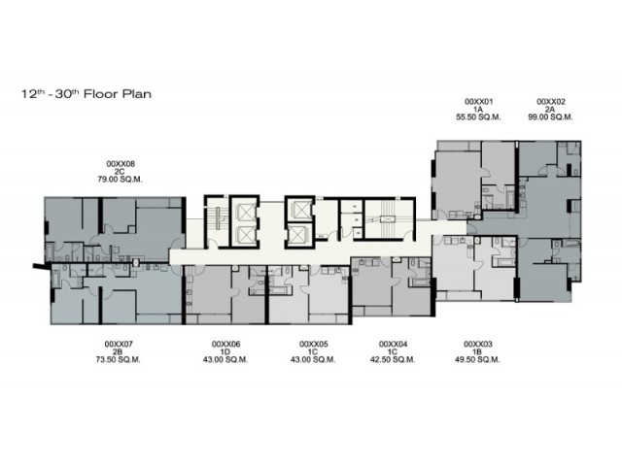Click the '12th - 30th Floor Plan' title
coord(86,94)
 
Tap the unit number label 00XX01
coord(478,102)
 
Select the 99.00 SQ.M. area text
coord(550,117)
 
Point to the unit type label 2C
coord(120,172)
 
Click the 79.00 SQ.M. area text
coord(121,180)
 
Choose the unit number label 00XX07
coord(119,344)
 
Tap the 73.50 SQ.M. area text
coord(119,360)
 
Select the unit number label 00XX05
coord(313,344)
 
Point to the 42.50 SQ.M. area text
coord(393,360)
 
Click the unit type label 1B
coord(477,351)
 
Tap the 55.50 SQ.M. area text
coord(478,117)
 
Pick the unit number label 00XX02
coord(551,102)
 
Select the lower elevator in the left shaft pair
coord(244,235)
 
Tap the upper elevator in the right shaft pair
coord(298,210)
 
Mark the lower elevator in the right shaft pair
coord(298,235)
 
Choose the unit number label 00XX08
coord(121,164)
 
